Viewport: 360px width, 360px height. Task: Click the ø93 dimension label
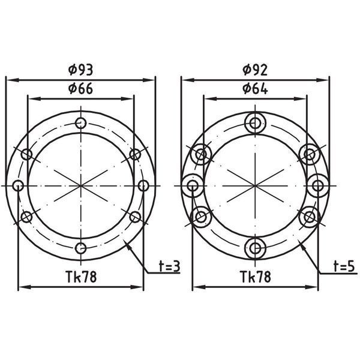81,70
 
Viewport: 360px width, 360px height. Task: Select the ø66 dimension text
81,89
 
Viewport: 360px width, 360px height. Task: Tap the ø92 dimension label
255,70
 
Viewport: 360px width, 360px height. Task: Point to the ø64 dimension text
255,89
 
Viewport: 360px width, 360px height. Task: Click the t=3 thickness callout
169,266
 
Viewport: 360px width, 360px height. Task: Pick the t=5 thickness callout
344,266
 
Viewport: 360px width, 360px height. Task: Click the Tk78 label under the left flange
81,277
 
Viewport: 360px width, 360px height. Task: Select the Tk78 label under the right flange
256,277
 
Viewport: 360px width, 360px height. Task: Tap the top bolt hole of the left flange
81,123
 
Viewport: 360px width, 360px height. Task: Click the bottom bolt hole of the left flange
81,248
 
